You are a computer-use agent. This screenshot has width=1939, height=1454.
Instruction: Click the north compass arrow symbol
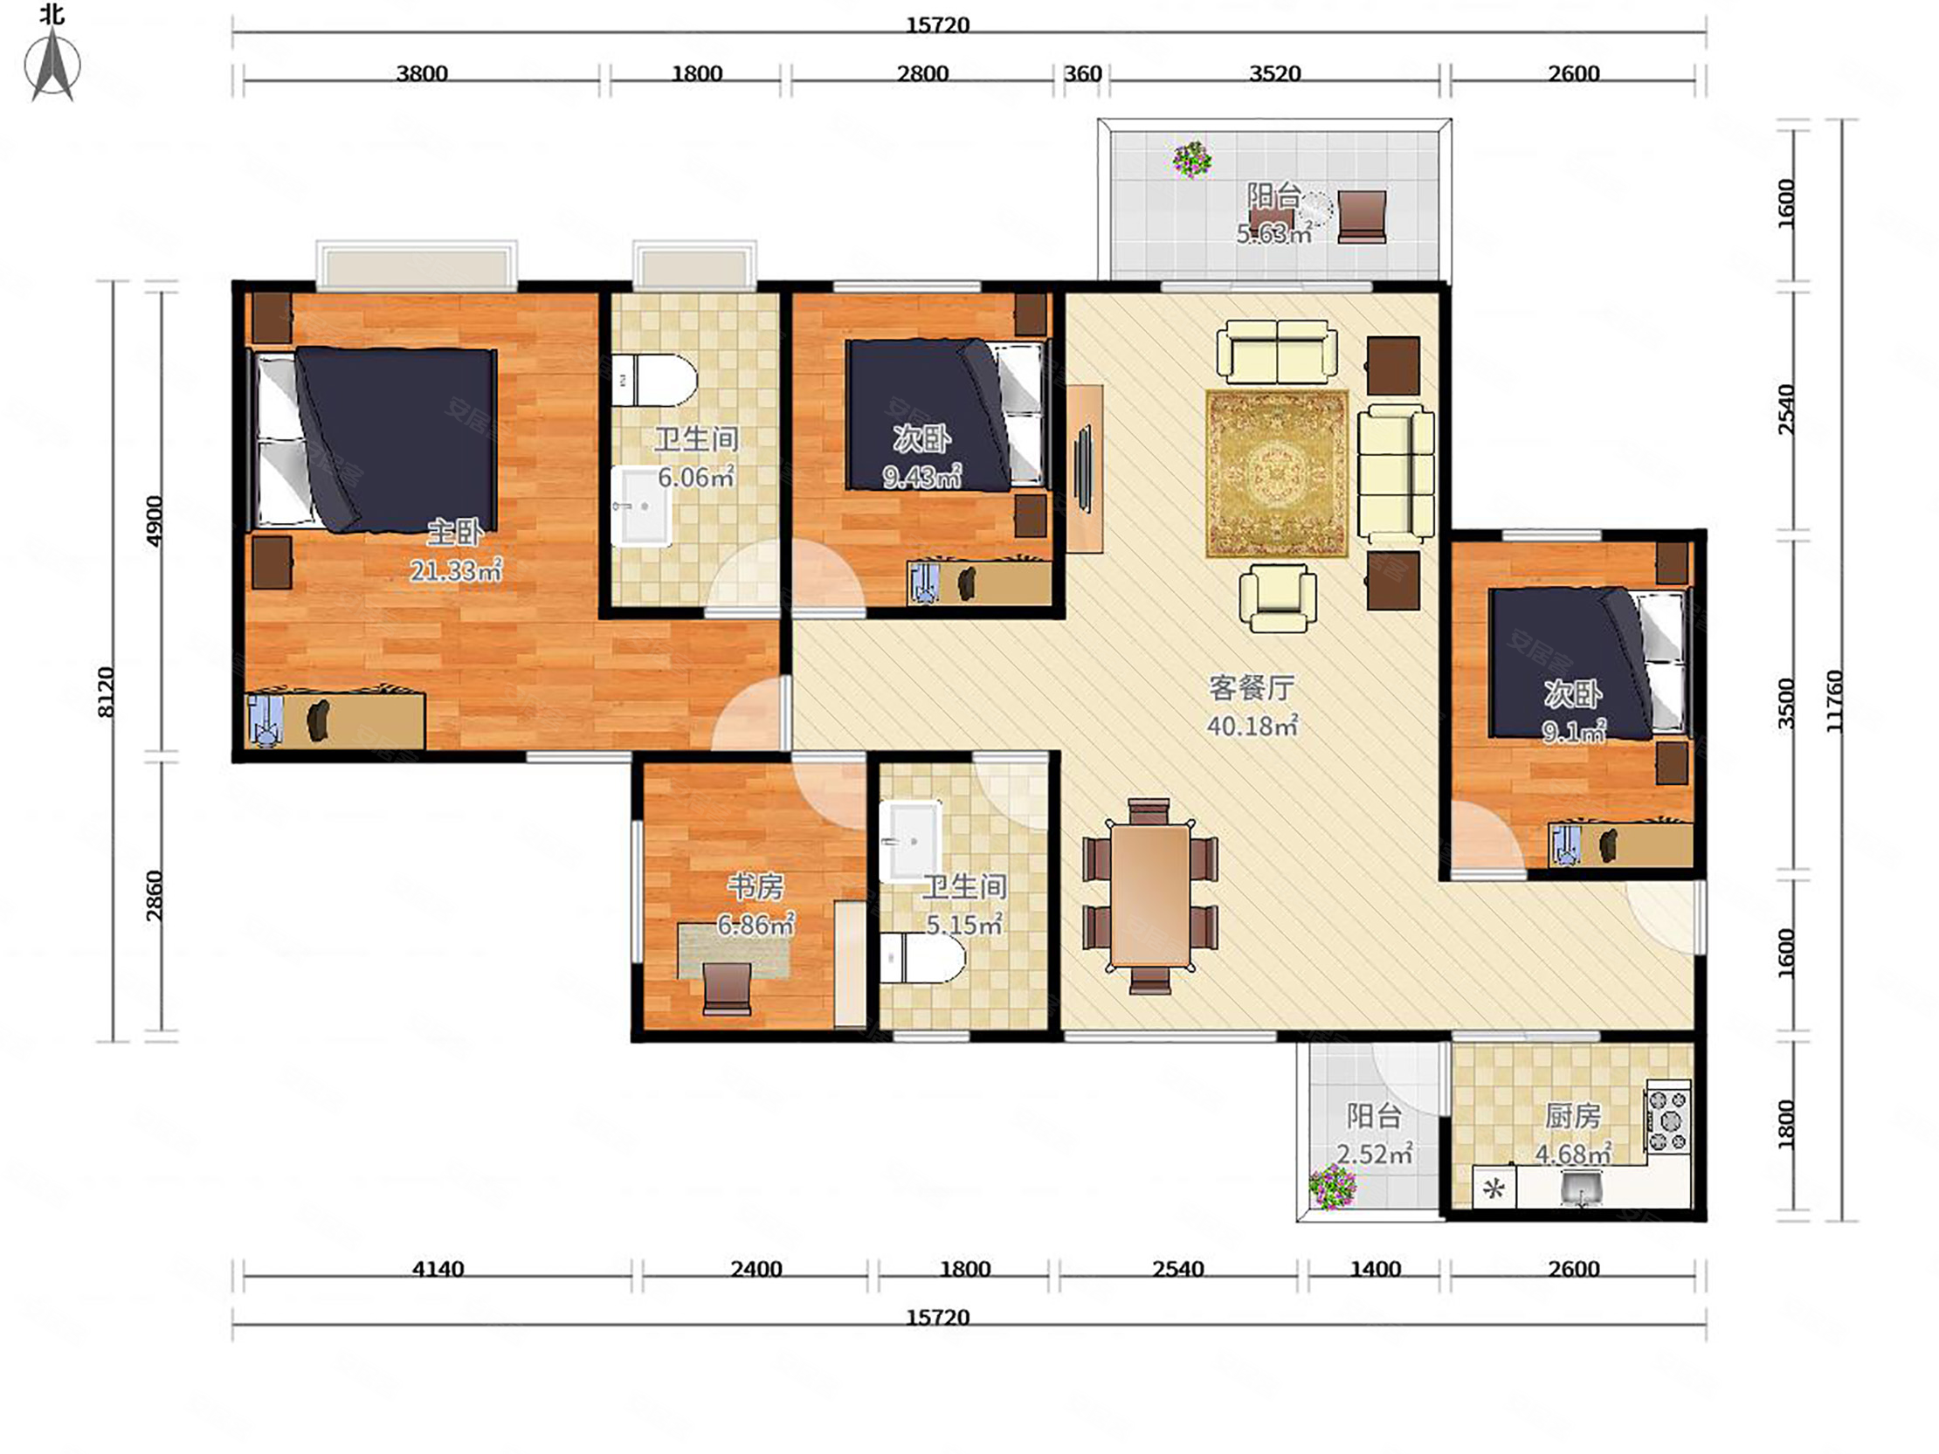point(52,64)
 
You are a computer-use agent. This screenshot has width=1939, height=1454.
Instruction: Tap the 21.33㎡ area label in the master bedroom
point(456,570)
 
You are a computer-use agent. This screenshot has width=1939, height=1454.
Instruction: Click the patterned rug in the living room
point(1276,473)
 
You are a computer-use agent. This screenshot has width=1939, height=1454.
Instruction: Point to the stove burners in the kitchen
point(1668,1120)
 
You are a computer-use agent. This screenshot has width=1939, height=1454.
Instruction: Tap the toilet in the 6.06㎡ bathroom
point(654,380)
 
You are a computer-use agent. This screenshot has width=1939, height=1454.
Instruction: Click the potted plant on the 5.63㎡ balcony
point(1192,160)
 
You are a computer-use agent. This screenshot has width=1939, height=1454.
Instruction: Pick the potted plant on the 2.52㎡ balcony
point(1332,1188)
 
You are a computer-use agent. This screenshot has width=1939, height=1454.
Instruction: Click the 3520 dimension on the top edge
point(1274,72)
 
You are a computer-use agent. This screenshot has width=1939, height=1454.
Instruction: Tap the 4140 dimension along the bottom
point(438,1268)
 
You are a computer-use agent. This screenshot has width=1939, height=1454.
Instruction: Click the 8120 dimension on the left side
point(105,693)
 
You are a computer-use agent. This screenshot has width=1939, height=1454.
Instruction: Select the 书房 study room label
point(755,887)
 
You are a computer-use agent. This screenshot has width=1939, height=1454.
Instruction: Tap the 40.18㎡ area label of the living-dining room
point(1252,726)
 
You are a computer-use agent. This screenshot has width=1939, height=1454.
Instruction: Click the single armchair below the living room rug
point(1278,597)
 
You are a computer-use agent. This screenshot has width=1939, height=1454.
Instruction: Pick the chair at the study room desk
point(728,989)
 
